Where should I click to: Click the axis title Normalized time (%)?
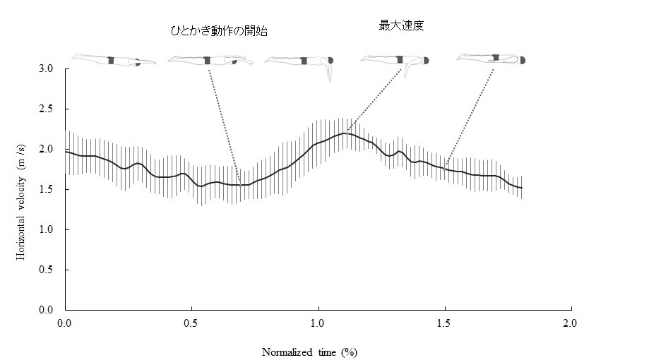(315, 352)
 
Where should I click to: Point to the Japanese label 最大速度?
(401, 25)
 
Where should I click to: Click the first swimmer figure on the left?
(113, 60)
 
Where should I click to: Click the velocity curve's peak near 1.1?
(345, 133)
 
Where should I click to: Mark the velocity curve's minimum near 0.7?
(241, 185)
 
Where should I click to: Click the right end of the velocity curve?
(521, 188)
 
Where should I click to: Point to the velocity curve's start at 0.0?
(66, 152)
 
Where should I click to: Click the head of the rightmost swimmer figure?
(523, 61)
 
